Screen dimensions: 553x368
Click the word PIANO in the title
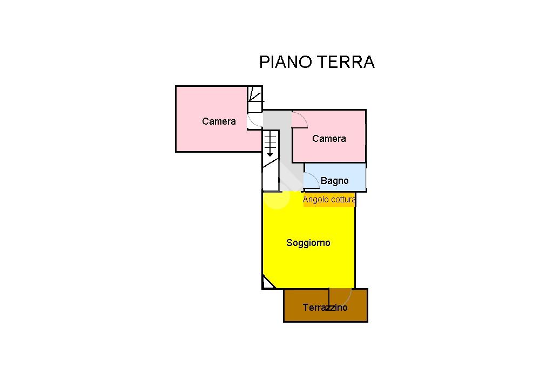(x=286, y=62)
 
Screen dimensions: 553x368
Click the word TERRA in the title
(x=346, y=62)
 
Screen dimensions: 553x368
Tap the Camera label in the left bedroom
(x=219, y=121)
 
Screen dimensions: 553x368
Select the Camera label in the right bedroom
(x=329, y=139)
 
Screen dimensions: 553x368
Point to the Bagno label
(x=334, y=181)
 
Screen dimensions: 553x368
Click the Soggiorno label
(x=308, y=243)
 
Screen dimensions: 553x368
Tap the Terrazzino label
(x=325, y=308)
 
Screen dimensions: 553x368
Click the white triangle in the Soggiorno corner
(x=267, y=284)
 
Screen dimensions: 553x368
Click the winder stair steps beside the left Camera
(x=255, y=100)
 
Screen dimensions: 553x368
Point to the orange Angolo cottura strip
(x=329, y=200)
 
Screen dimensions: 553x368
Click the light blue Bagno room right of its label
(x=357, y=178)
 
